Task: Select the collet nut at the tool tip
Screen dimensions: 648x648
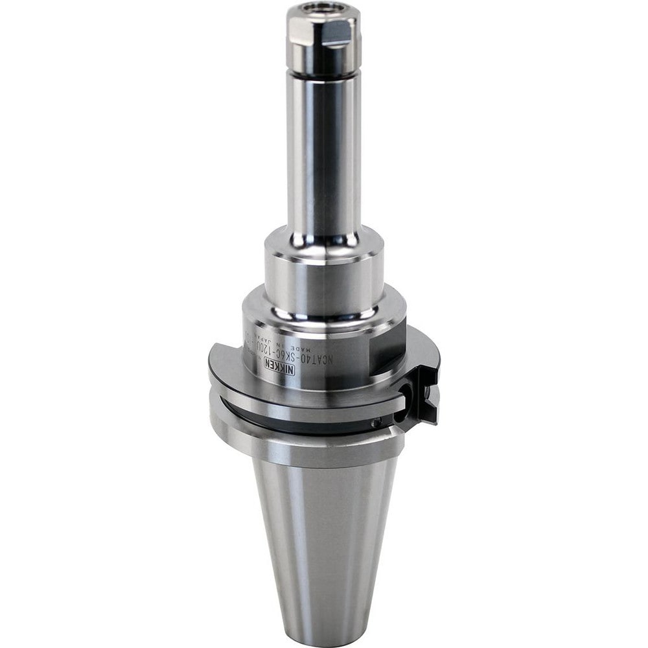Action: coord(323,39)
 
